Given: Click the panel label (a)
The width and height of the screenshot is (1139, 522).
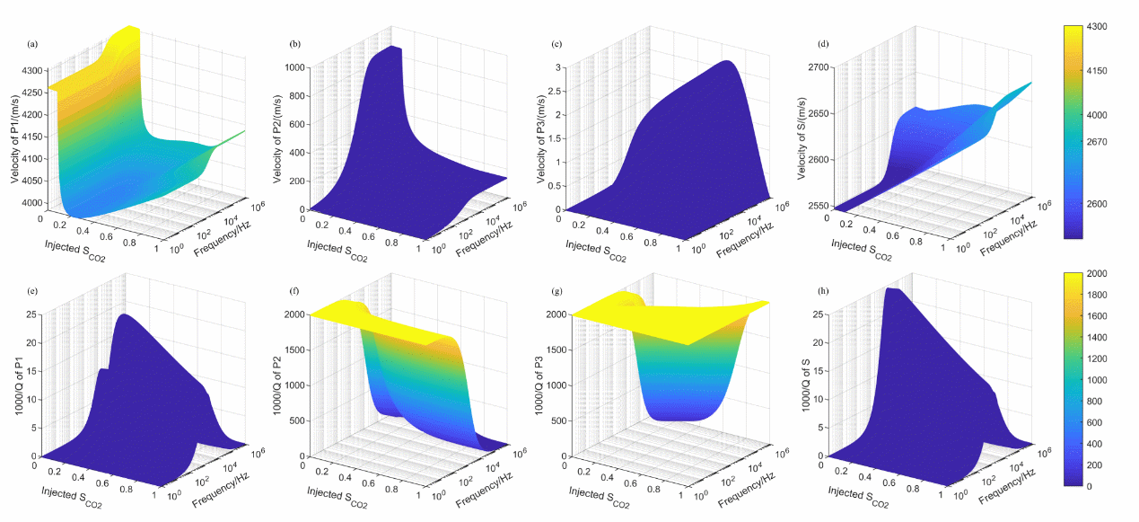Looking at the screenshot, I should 33,43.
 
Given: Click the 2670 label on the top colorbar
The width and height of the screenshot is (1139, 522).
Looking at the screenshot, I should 1095,142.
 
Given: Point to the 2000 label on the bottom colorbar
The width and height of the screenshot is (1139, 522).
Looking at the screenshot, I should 1095,273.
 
